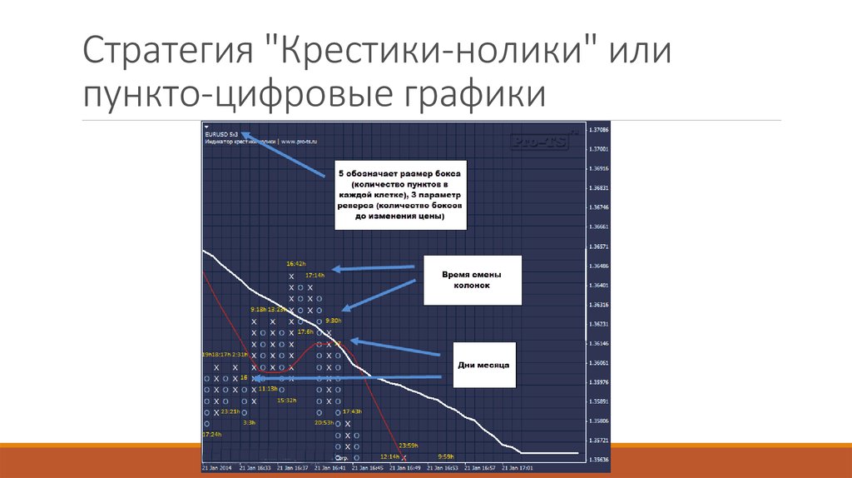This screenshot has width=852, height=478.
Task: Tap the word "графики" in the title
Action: (475, 93)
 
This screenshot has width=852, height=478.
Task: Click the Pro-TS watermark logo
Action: (539, 142)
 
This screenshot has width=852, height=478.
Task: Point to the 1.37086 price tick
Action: (598, 130)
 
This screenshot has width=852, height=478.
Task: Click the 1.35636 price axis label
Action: (598, 460)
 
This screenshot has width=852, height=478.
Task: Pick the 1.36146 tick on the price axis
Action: (598, 344)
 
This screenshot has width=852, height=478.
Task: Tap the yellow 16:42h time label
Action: (296, 262)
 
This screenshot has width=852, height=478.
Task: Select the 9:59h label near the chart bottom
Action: (446, 456)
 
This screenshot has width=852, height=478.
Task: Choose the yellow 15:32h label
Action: (286, 400)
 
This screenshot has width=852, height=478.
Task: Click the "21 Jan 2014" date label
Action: (218, 468)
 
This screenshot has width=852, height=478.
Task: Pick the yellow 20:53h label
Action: (324, 422)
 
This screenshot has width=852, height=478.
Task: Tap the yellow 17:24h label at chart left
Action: (211, 434)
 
